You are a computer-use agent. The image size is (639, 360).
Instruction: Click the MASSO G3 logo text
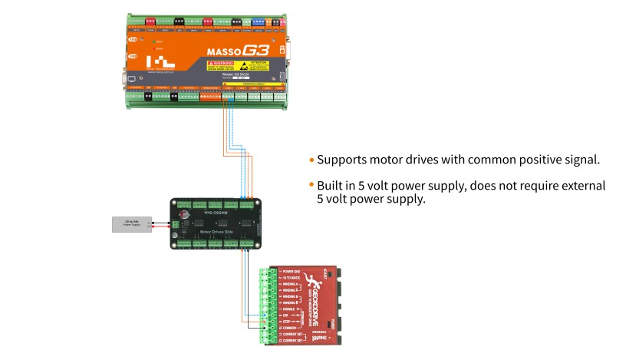pos(235,51)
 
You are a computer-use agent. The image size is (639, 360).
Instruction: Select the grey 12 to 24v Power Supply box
pos(132,224)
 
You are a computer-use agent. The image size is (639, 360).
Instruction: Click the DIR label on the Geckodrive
pos(285,315)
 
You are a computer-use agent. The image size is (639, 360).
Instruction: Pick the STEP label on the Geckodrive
pos(286,321)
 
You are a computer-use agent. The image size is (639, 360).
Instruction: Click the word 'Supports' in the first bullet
pos(341,160)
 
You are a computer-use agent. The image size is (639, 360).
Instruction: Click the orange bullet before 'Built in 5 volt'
pos(312,186)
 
